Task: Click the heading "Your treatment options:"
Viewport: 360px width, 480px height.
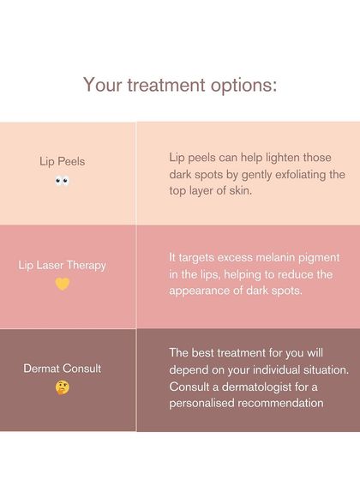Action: tap(180, 85)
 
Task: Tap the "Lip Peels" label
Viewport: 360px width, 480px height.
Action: tap(63, 160)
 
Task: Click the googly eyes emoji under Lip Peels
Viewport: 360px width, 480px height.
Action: tap(63, 181)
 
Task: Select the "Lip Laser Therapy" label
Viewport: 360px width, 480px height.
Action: tap(63, 265)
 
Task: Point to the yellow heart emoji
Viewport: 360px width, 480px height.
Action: tap(63, 284)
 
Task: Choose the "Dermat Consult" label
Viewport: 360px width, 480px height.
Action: tap(63, 369)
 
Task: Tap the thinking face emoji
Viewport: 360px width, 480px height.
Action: tap(63, 387)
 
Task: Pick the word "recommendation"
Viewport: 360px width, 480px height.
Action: tap(283, 403)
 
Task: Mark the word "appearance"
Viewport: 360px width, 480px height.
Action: tap(202, 290)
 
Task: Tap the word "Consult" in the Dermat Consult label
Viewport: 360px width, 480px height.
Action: tap(83, 369)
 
